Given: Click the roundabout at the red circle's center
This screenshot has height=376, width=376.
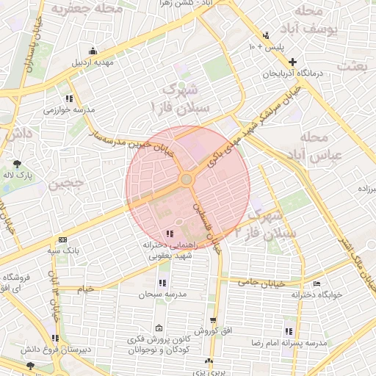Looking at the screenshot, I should pos(187,179).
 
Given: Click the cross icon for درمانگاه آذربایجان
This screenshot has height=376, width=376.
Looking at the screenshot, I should pos(293,62).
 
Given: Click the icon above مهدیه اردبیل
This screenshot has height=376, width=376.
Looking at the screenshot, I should pos(93,51).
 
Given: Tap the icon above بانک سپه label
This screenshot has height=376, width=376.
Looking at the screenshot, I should pos(62,240).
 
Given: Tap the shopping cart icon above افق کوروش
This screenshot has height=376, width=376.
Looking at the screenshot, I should pos(213,320).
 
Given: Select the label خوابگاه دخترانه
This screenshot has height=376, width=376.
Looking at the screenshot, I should pos(317,294).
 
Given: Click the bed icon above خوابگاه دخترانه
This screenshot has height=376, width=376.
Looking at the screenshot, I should pos(317,283).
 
